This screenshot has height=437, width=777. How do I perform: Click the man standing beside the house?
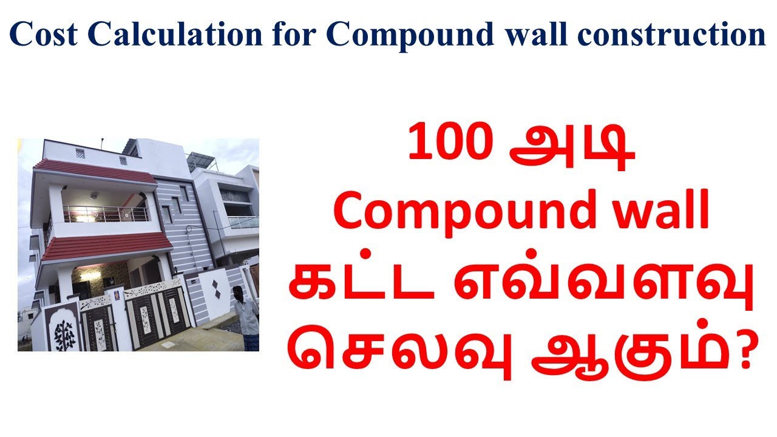(246, 317)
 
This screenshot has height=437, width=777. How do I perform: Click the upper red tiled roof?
(94, 171)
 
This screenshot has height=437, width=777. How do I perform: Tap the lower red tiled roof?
(106, 246)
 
